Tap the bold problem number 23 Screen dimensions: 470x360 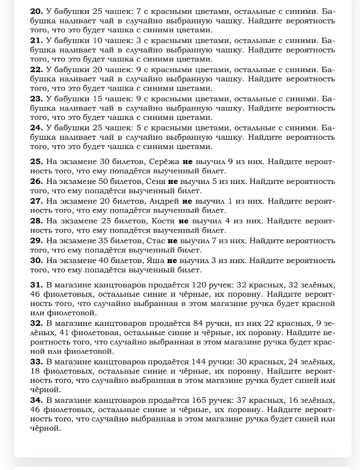[x=36, y=98]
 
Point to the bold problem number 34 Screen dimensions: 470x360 [x=36, y=401]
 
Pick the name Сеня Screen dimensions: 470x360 [x=155, y=181]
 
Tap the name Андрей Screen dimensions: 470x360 [x=164, y=201]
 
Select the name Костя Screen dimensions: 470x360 [x=163, y=221]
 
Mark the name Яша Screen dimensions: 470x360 [x=155, y=260]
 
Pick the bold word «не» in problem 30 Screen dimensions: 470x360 [x=172, y=260]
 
